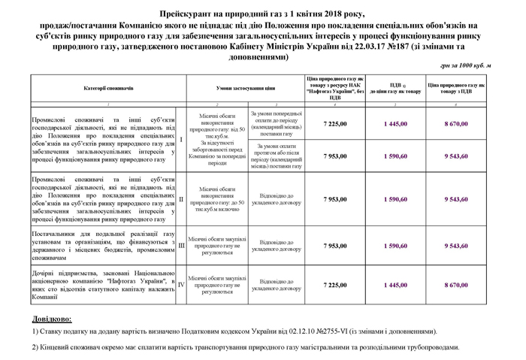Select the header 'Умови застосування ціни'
(245, 89)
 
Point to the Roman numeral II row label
(181, 200)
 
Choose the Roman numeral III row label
(181, 245)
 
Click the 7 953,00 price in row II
(334, 200)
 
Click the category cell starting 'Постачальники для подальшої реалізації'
(103, 245)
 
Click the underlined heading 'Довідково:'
(52, 319)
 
